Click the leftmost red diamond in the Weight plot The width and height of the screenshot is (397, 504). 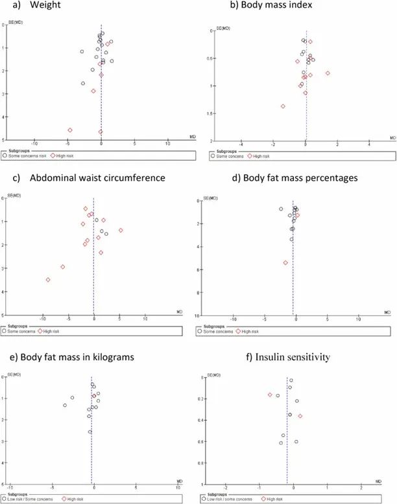[70, 130]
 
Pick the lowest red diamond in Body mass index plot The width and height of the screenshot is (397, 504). [283, 106]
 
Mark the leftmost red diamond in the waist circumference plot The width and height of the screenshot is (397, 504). [48, 280]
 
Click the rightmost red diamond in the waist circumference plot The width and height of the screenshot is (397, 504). [121, 230]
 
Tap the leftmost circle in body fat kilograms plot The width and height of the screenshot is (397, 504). [65, 405]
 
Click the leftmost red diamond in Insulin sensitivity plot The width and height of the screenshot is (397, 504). [271, 395]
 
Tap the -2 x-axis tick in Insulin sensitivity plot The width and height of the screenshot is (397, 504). [225, 488]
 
